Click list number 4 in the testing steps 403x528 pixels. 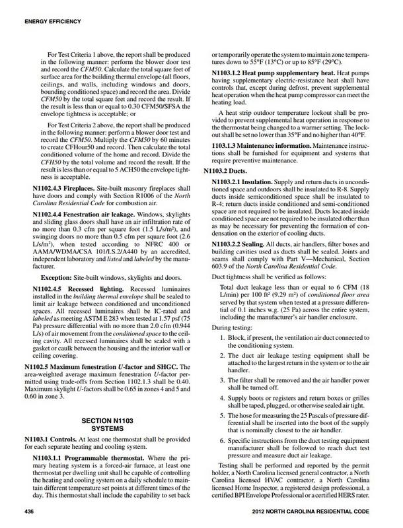[x=223, y=399]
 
